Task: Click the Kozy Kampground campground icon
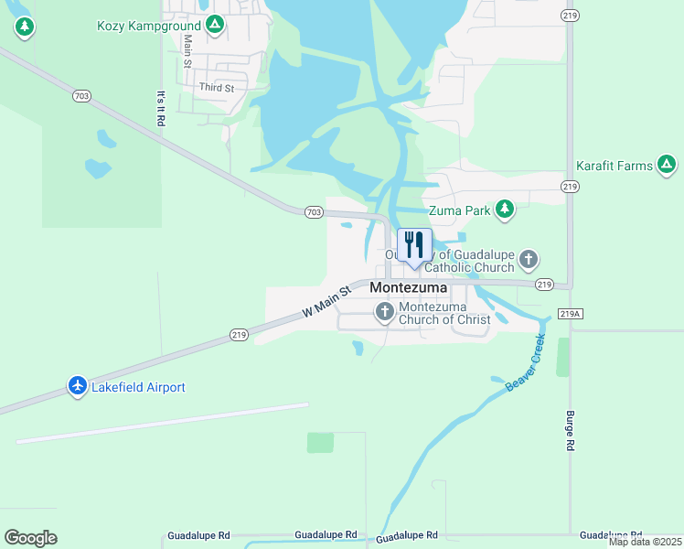[x=215, y=24]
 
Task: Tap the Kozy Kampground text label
[x=149, y=26]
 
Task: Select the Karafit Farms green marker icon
[x=667, y=165]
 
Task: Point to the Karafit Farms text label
[x=615, y=166]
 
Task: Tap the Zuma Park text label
[x=459, y=210]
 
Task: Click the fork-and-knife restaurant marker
[x=414, y=246]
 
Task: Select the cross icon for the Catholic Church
[x=529, y=260]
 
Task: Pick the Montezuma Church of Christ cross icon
[x=385, y=312]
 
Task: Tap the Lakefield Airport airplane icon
[x=78, y=387]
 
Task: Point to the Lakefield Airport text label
[x=139, y=388]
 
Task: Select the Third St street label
[x=217, y=88]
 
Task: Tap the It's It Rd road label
[x=161, y=108]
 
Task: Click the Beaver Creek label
[x=526, y=364]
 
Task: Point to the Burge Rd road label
[x=569, y=430]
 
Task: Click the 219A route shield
[x=569, y=314]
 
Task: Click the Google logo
[x=30, y=538]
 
